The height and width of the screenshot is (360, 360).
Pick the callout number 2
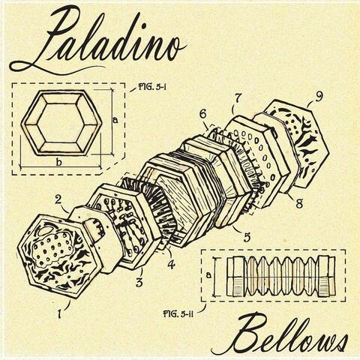pos(58,199)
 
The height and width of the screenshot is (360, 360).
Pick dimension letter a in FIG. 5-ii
pos(208,275)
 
